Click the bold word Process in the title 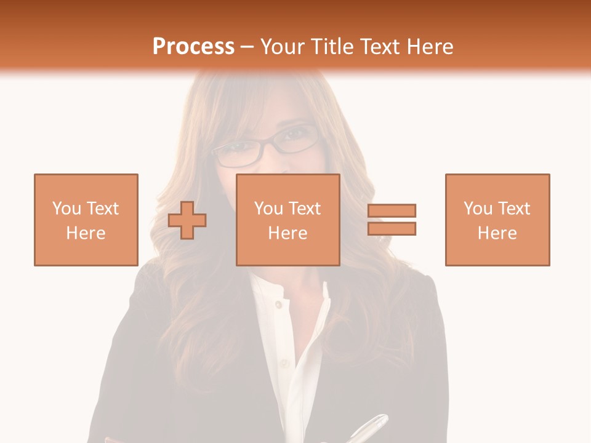coord(193,47)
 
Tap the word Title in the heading coord(333,47)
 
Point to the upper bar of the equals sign coord(392,210)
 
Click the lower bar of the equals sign coord(392,228)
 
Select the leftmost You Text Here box coord(86,220)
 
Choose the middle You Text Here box coord(287,220)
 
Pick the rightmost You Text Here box coord(497,220)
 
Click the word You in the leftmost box coord(66,208)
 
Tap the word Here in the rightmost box coord(497,233)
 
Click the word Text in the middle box coord(305,208)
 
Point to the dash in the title coord(247,47)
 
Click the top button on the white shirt coord(278,304)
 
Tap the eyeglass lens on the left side coord(232,153)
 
